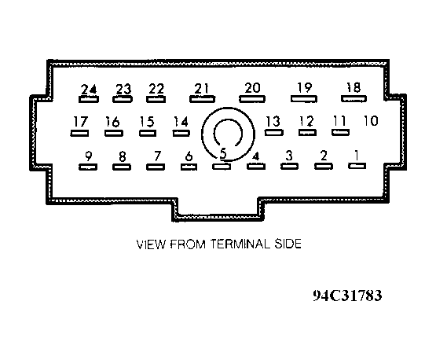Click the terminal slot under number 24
(89, 99)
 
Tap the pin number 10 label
(371, 121)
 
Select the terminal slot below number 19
(304, 99)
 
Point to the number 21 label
(201, 89)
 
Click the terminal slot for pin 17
(80, 134)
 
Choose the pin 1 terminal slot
(357, 166)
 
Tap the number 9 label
(89, 156)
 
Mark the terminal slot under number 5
(222, 167)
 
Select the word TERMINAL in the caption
(240, 244)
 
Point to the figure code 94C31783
(347, 296)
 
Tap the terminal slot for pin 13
(274, 132)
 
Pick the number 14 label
(181, 122)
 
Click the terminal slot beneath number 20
(252, 99)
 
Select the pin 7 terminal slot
(156, 167)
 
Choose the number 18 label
(354, 87)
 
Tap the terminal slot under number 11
(341, 132)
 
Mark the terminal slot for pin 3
(289, 167)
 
